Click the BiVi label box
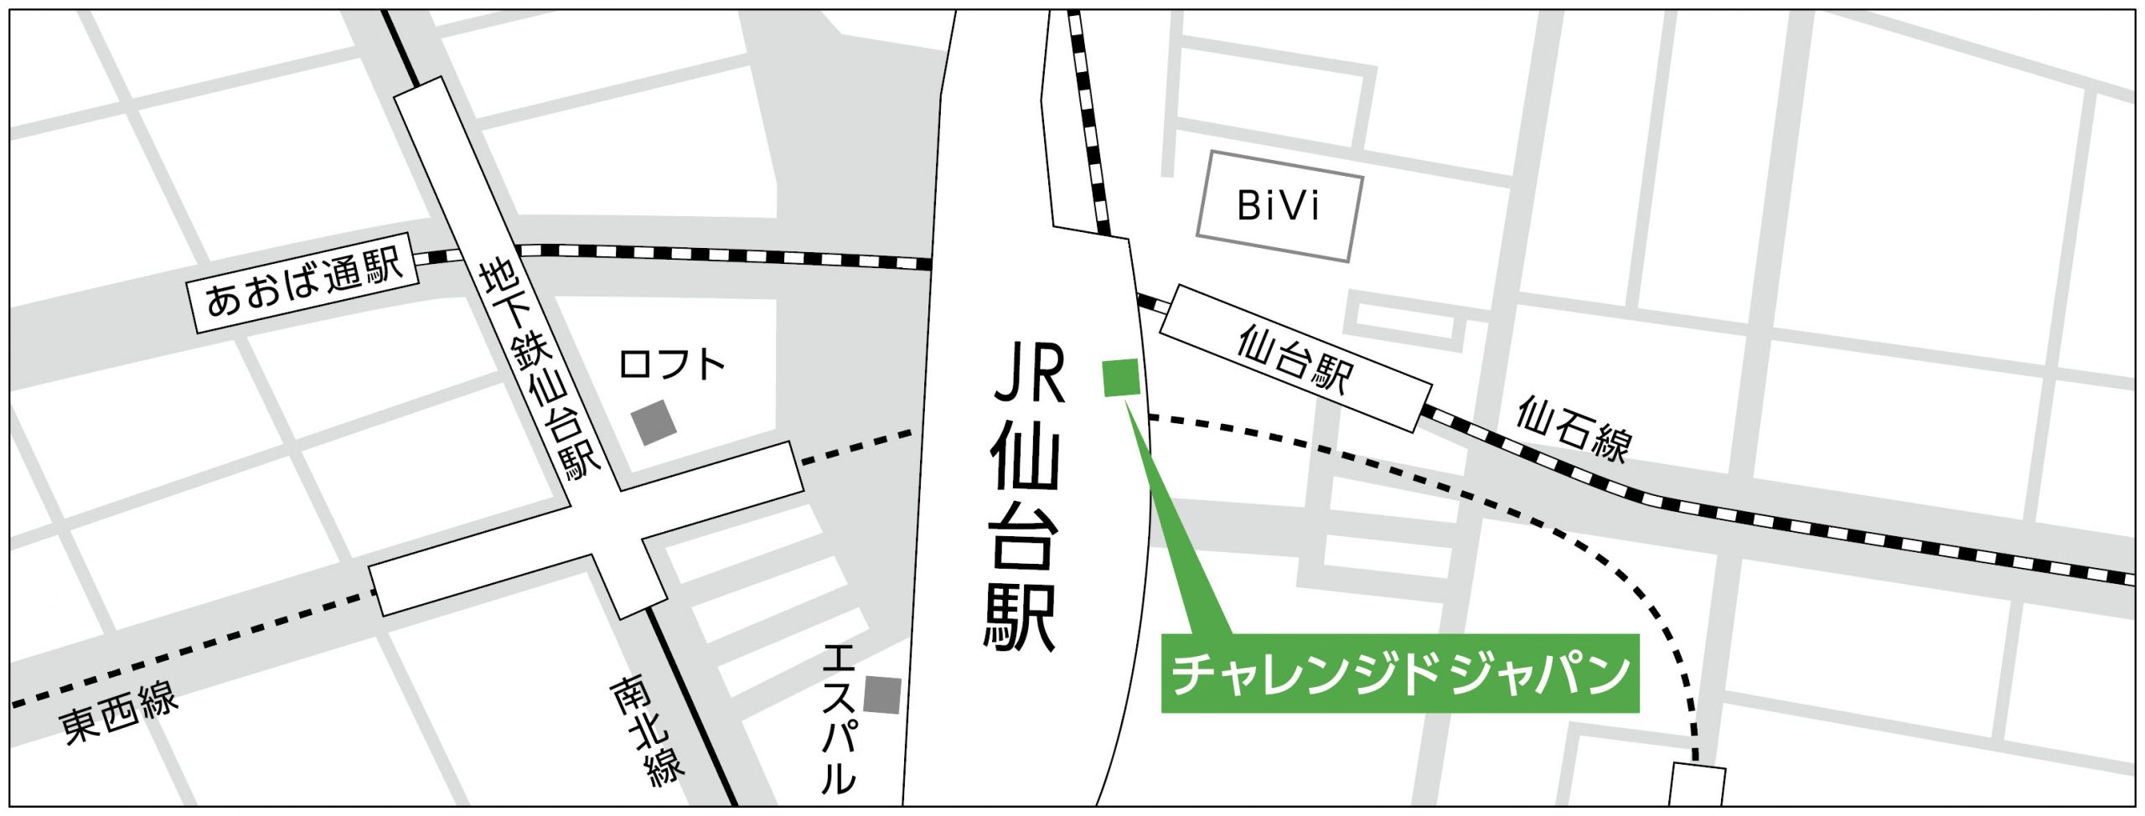tap(1279, 206)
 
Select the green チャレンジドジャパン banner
tap(1398, 674)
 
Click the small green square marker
tap(1120, 377)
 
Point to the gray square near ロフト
tap(654, 422)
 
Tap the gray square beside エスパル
tap(882, 695)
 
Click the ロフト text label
tap(671, 365)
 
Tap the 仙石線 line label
tap(1574, 431)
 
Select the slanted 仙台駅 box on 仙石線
tap(1295, 359)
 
